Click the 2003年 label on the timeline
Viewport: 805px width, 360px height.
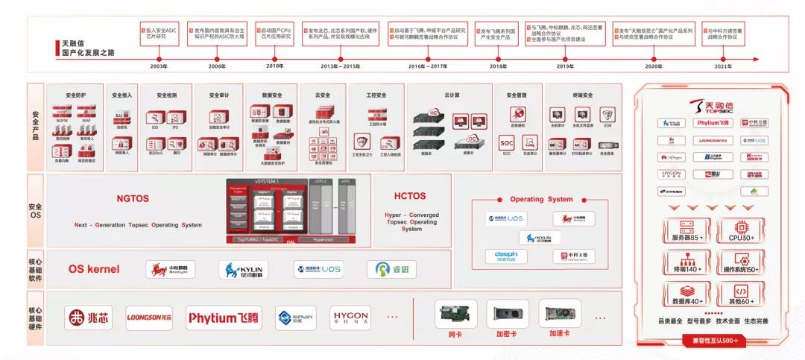pyautogui.click(x=159, y=66)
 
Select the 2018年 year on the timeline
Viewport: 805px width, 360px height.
pyautogui.click(x=498, y=66)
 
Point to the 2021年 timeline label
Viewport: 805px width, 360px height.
pyautogui.click(x=722, y=66)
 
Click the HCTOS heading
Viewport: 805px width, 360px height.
pyautogui.click(x=410, y=196)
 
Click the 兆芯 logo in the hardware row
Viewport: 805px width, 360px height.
pyautogui.click(x=88, y=317)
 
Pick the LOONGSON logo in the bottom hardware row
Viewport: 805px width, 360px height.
pyautogui.click(x=149, y=317)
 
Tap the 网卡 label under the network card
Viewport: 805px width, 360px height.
pyautogui.click(x=455, y=334)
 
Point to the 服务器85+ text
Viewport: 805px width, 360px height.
pyautogui.click(x=687, y=238)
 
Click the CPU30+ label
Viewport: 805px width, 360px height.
pyautogui.click(x=742, y=238)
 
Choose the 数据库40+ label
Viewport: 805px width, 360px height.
pyautogui.click(x=687, y=301)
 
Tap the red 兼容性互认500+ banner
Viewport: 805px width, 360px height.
pyautogui.click(x=714, y=340)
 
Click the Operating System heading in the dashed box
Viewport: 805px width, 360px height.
pyautogui.click(x=541, y=199)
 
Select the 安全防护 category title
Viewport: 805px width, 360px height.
pyautogui.click(x=75, y=95)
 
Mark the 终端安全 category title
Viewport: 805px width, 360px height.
pyautogui.click(x=582, y=95)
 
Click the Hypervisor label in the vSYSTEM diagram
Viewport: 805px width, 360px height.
pyautogui.click(x=323, y=239)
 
